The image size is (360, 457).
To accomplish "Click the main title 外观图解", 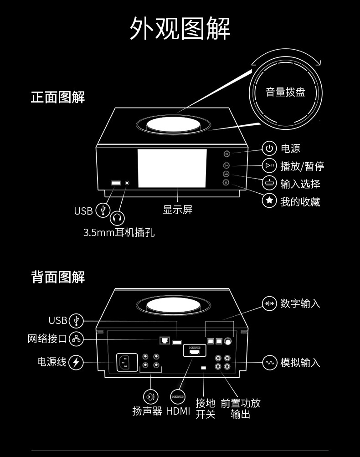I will tap(180, 28).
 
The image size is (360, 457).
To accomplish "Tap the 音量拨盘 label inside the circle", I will tap(285, 92).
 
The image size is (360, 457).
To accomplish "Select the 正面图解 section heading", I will tap(58, 97).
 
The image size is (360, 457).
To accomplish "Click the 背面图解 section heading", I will tap(58, 277).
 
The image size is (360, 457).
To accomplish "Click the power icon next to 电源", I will tap(270, 149).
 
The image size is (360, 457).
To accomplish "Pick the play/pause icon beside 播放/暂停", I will tap(270, 166).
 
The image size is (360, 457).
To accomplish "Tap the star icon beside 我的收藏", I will tap(270, 200).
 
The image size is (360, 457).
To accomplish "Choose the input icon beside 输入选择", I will tap(270, 183).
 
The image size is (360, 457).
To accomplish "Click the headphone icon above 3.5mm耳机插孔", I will tap(118, 219).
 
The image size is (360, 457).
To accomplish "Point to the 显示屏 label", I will tap(178, 210).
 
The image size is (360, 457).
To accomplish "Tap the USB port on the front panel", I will tap(116, 183).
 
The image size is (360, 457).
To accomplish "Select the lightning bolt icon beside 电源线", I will tap(76, 362).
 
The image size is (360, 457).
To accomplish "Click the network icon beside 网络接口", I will tap(76, 339).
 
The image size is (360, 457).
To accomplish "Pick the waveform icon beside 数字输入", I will tap(270, 303).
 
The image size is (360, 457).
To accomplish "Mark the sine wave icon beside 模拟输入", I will tap(270, 362).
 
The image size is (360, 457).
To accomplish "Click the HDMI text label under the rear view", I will tap(178, 411).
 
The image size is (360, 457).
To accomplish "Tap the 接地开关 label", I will tap(205, 409).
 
